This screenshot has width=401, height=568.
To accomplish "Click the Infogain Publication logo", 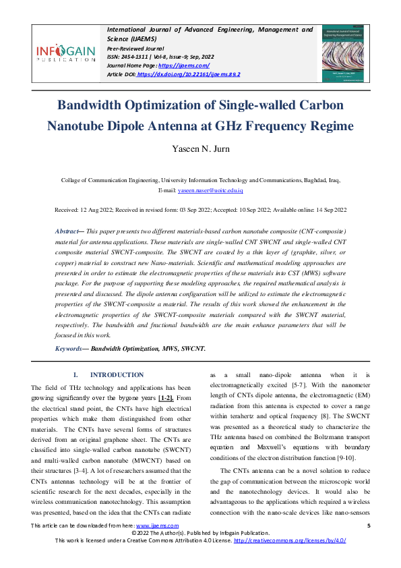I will coord(65,53).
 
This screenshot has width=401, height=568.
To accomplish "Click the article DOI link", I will coord(188,74).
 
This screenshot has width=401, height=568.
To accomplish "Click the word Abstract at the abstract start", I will coord(67,231).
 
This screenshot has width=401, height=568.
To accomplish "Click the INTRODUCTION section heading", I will coord(117,375).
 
